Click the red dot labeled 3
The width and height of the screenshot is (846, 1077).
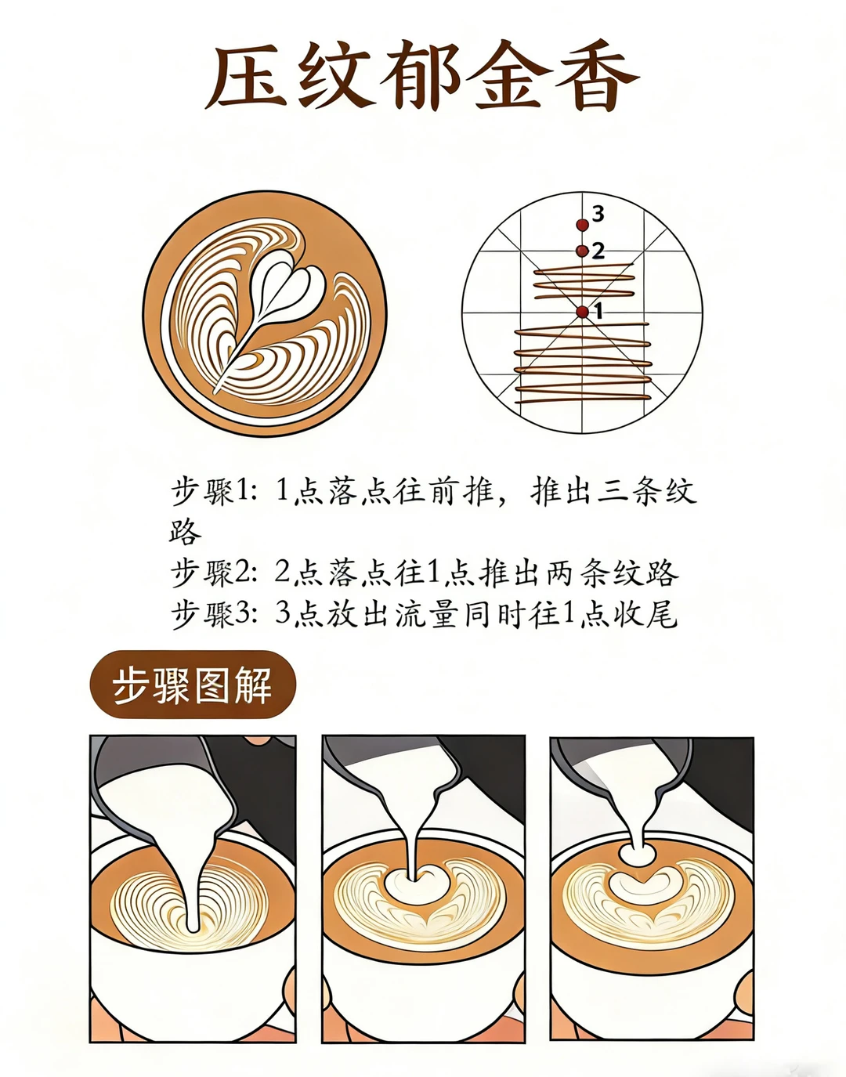tap(582, 225)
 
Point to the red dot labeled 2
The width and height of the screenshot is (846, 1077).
tap(582, 251)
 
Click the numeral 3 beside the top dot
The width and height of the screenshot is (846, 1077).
tap(598, 214)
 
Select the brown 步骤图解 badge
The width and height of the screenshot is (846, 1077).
tap(193, 685)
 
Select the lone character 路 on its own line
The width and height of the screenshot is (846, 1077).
tap(186, 532)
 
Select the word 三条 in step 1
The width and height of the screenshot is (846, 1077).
tap(630, 492)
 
